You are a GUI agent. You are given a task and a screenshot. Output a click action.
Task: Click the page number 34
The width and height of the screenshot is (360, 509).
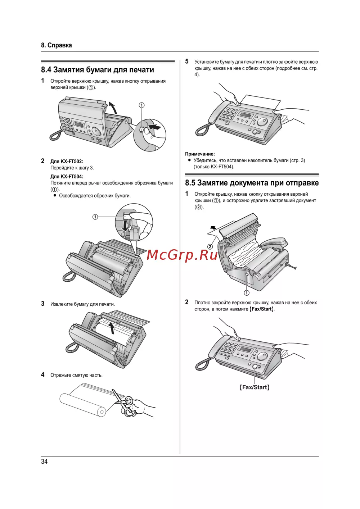pyautogui.click(x=44, y=462)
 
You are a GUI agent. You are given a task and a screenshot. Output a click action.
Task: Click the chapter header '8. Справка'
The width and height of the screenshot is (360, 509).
pyautogui.click(x=57, y=45)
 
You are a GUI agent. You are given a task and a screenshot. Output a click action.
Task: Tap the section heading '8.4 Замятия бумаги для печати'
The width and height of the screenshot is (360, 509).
pyautogui.click(x=98, y=70)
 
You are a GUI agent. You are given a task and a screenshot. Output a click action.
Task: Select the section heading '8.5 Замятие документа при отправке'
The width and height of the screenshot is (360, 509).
pyautogui.click(x=252, y=183)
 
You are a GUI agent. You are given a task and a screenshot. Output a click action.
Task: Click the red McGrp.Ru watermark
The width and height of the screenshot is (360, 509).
pyautogui.click(x=182, y=255)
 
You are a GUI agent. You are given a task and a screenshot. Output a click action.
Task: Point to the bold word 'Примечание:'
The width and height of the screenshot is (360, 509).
pyautogui.click(x=200, y=154)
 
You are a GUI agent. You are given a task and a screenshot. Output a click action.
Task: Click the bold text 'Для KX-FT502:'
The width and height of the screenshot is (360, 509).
pyautogui.click(x=67, y=162)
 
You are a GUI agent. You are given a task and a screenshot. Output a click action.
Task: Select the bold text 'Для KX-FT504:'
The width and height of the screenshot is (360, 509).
pyautogui.click(x=67, y=176)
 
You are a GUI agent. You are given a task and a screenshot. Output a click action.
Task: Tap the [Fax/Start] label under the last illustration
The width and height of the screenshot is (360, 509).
pyautogui.click(x=255, y=387)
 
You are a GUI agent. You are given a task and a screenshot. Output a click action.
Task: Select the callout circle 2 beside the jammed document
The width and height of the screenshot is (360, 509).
pyautogui.click(x=210, y=246)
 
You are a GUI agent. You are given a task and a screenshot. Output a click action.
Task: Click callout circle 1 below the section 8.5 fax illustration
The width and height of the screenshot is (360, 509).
pyautogui.click(x=247, y=293)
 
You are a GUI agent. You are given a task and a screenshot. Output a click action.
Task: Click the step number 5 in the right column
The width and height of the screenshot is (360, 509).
pyautogui.click(x=187, y=62)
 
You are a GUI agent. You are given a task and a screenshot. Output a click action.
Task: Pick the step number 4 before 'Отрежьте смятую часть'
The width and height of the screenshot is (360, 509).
pyautogui.click(x=43, y=375)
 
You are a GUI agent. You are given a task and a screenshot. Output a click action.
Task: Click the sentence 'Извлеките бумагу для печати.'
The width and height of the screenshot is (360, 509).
pyautogui.click(x=82, y=304)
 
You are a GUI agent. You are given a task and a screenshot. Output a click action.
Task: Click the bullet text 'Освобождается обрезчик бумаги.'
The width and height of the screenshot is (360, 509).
pyautogui.click(x=95, y=196)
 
